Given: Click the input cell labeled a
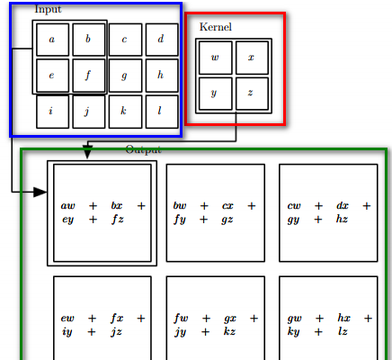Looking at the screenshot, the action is [x=52, y=40].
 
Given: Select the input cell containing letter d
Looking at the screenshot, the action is [x=162, y=40].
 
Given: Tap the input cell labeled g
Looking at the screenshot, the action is [x=125, y=76].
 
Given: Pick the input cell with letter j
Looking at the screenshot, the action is [x=89, y=112].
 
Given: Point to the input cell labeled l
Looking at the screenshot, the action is [x=162, y=112].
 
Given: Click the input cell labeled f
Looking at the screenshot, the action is [x=89, y=76].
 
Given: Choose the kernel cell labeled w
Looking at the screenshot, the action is [x=216, y=58].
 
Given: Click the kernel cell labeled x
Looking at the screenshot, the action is [x=252, y=58].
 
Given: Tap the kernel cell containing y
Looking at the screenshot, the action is [x=216, y=94].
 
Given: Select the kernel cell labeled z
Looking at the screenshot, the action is [x=252, y=94].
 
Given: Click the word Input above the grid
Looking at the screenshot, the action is [x=48, y=9].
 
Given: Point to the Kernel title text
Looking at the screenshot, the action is [x=216, y=27].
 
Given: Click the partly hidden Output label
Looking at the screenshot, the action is [x=144, y=149].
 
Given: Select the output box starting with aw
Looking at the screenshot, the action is [x=102, y=213].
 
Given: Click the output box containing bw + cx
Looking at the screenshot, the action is [x=216, y=213].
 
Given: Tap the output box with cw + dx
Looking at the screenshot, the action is [x=328, y=213].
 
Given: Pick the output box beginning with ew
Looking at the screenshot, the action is [x=102, y=318].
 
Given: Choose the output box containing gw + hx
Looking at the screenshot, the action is [x=328, y=318].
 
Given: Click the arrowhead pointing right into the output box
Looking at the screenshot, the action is [x=40, y=192].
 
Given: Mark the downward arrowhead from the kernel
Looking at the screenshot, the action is [x=87, y=152].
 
